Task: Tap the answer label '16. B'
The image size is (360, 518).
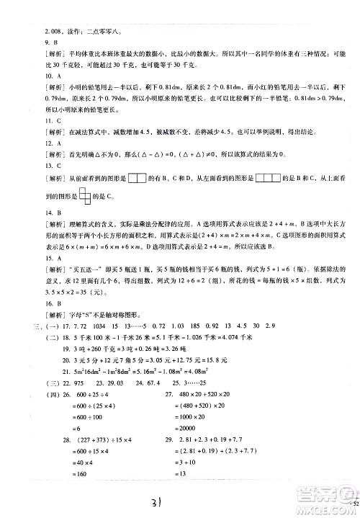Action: pyautogui.click(x=32, y=303)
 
